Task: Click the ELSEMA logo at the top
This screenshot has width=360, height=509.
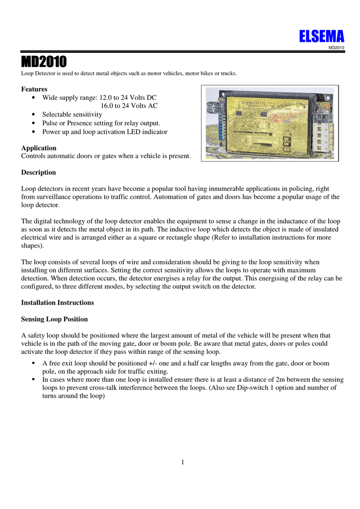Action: [x=322, y=36]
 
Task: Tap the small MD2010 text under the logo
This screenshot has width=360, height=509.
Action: [x=337, y=47]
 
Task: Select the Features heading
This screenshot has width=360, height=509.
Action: [x=34, y=89]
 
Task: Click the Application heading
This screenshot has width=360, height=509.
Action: [x=39, y=148]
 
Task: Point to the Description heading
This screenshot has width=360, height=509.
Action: [x=39, y=172]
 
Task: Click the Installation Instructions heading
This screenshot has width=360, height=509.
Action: [x=57, y=302]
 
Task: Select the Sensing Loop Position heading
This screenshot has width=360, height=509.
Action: [x=55, y=319]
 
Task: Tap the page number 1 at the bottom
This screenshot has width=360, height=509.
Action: [x=182, y=463]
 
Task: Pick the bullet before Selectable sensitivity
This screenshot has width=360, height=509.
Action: [x=33, y=115]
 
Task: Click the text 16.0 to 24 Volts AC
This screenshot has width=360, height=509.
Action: [x=129, y=106]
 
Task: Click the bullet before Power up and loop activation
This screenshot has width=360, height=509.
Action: [x=33, y=132]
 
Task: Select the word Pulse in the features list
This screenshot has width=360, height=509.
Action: [x=51, y=123]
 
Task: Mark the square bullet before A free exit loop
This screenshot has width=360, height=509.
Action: [x=33, y=363]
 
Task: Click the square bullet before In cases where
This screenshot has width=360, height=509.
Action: [x=33, y=379]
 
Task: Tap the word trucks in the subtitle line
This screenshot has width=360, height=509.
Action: [x=228, y=74]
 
